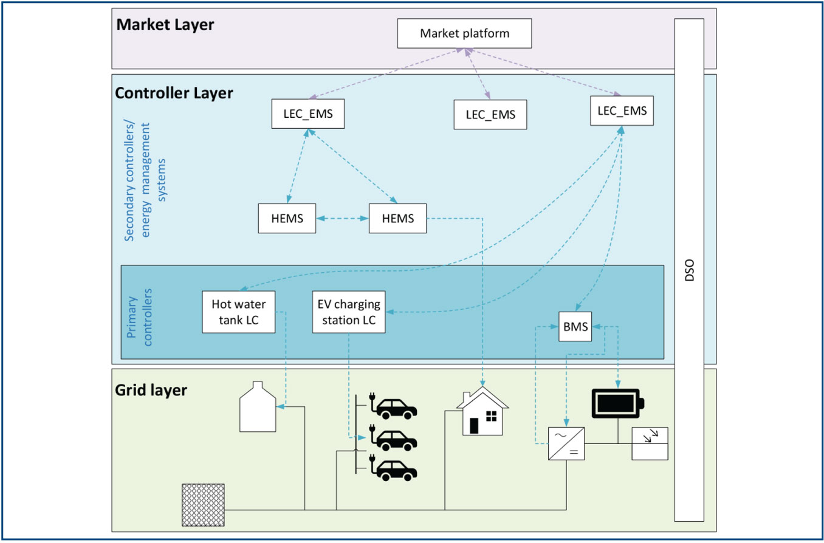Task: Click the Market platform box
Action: [x=464, y=33]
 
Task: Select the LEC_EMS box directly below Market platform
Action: [x=490, y=115]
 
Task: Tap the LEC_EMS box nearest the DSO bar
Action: [x=622, y=111]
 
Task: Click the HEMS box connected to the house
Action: [x=397, y=219]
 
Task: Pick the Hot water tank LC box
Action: [x=238, y=312]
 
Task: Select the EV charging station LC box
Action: [x=349, y=312]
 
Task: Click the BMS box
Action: [x=575, y=327]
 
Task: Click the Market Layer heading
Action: [x=165, y=25]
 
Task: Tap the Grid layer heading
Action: [x=151, y=389]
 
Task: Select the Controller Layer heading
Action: [x=174, y=93]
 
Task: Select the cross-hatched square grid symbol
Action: [x=204, y=505]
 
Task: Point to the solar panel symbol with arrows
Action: [x=650, y=443]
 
